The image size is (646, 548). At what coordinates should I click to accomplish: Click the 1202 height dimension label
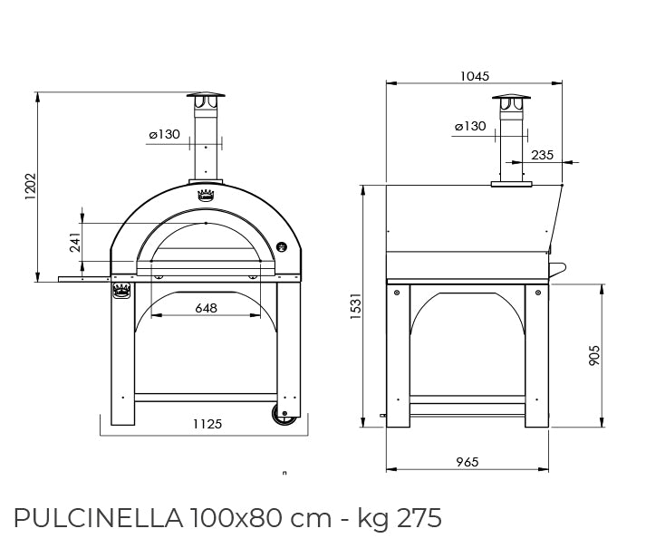[31, 187]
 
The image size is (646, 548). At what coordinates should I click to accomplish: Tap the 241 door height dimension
[75, 242]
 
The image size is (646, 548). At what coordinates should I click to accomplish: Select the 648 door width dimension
[206, 308]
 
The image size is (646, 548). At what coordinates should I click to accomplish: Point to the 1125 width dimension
[207, 424]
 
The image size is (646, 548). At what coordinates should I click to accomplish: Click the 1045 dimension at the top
[475, 76]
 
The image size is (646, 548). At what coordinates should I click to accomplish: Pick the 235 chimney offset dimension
[542, 155]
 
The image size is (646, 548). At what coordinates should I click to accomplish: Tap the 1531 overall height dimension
[355, 306]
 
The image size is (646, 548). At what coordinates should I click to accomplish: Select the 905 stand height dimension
[594, 356]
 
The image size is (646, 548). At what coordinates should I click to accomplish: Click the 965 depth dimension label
[468, 462]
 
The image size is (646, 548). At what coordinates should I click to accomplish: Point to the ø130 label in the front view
[164, 134]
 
